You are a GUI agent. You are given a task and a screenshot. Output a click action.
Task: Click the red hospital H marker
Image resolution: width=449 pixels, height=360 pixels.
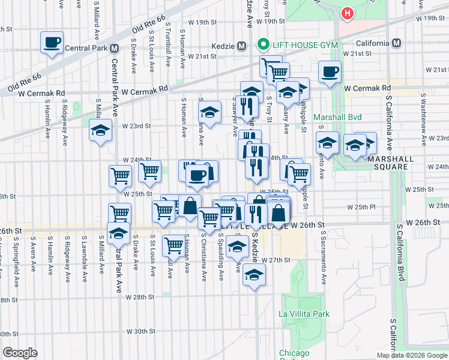pos(346,13)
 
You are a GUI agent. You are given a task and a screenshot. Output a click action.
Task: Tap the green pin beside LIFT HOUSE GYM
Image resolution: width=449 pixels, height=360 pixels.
pos(262,45)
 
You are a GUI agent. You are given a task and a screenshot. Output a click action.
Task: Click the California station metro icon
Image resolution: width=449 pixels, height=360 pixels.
pos(396,43)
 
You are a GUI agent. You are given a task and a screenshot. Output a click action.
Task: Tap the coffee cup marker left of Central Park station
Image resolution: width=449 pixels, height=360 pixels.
pos(52,43)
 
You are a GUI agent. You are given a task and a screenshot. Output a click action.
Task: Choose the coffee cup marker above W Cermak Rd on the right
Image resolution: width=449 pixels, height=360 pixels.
pos(330,72)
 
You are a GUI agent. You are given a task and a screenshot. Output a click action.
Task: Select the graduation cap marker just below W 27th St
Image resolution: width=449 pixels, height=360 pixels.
pos(255,275)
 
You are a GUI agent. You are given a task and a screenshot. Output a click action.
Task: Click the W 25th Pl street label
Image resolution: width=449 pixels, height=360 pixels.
pos(361,207)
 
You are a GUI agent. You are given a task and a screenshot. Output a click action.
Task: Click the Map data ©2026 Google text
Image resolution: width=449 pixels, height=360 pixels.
pos(412,355)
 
